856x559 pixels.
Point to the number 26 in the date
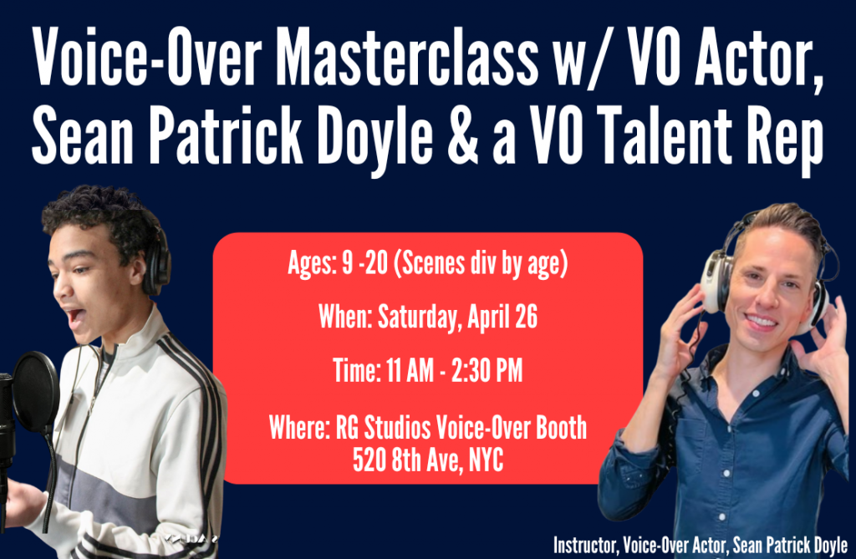(527, 316)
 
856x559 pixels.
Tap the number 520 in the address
(369, 460)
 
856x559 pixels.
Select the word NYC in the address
(486, 460)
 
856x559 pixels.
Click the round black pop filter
(35, 392)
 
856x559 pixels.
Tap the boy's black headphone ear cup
(155, 265)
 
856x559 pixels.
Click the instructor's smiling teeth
(761, 321)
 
